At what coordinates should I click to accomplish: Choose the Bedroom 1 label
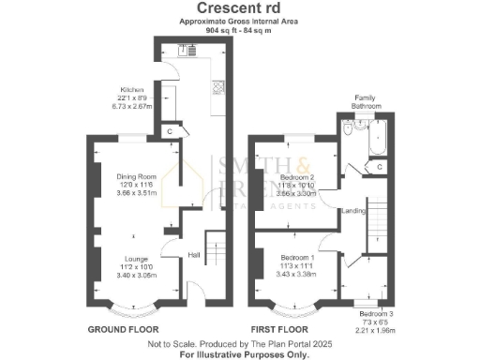pyautogui.click(x=298, y=260)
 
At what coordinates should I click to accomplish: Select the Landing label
pyautogui.click(x=353, y=210)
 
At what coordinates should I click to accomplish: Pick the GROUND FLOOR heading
pyautogui.click(x=123, y=330)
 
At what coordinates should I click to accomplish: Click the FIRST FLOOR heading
pyautogui.click(x=278, y=330)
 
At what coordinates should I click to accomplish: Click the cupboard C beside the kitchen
pyautogui.click(x=169, y=130)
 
